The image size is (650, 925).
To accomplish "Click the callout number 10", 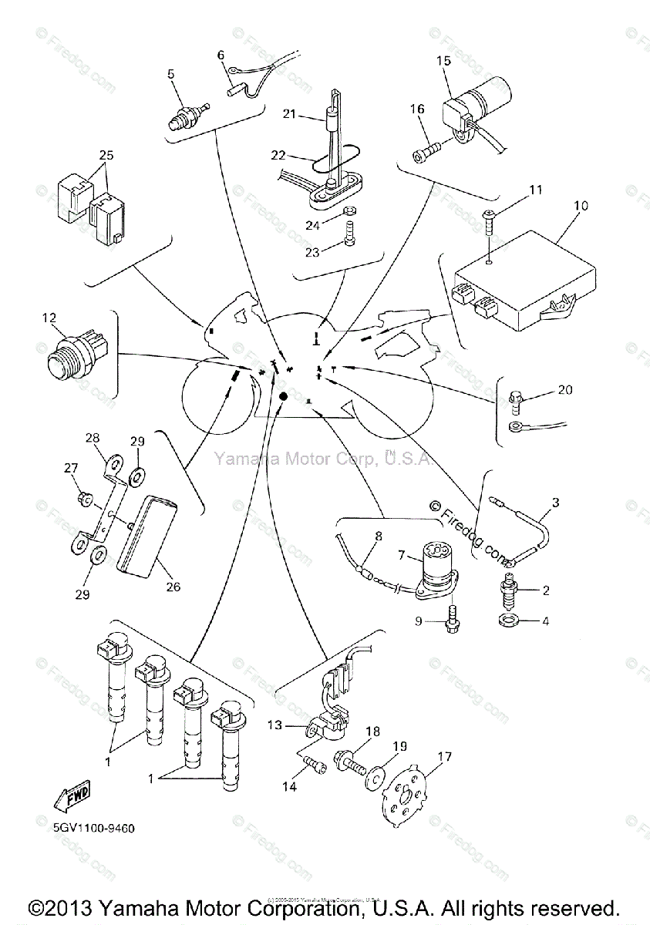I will click(581, 206).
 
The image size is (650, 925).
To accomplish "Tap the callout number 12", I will click(49, 317).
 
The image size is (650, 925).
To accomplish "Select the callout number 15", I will click(443, 59).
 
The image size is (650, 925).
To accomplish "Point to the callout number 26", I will click(173, 587).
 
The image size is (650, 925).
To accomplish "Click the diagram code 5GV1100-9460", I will click(94, 829).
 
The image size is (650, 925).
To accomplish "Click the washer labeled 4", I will click(509, 621).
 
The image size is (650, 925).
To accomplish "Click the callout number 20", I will click(564, 390).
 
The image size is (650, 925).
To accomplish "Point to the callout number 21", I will click(288, 114).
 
